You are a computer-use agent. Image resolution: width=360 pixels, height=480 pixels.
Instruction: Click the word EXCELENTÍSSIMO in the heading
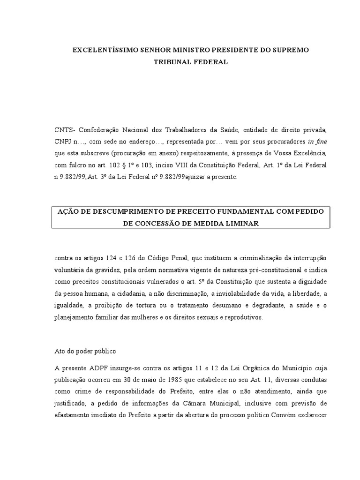101,50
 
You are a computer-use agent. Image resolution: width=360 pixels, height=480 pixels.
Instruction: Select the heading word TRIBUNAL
174,62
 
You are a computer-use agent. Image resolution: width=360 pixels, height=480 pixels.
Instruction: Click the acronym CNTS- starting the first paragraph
65,129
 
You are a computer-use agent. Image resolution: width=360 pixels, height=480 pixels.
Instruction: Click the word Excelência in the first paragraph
303,154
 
